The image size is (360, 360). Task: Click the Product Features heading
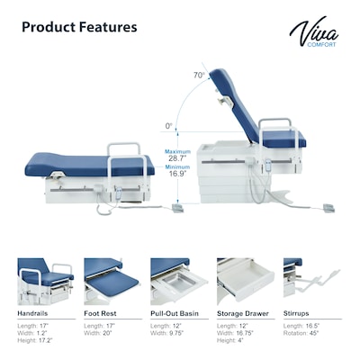[x=79, y=26]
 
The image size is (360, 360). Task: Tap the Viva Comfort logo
[x=314, y=33]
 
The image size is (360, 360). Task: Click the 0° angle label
[x=168, y=126]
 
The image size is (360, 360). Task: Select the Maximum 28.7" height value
[x=178, y=158]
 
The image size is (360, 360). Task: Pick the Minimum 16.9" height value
[x=178, y=174]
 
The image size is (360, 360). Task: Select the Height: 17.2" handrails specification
[x=37, y=341]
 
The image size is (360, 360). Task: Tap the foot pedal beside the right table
[x=328, y=208]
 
